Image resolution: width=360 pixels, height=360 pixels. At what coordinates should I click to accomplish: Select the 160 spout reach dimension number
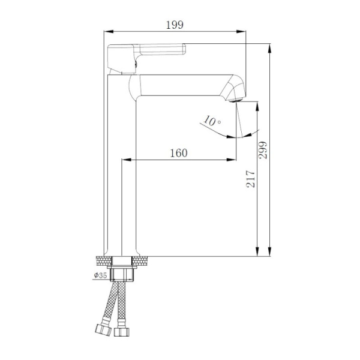(x=178, y=152)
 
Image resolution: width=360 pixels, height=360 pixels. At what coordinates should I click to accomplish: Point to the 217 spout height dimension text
(x=251, y=178)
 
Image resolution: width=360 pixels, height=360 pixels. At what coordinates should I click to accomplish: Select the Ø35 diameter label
(x=100, y=275)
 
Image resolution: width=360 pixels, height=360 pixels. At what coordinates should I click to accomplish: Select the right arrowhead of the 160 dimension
(x=232, y=159)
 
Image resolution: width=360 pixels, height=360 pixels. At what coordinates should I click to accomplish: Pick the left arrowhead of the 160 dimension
(x=125, y=159)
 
